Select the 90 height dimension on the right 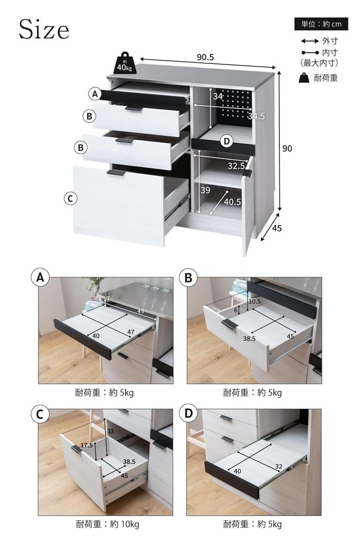coord(287,148)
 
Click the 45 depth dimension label coord(277,229)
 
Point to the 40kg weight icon coord(125,64)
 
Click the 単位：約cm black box coord(320,24)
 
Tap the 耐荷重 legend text coord(325,78)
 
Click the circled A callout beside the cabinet coord(94,94)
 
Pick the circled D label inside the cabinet coord(226,141)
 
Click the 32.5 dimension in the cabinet coord(236,166)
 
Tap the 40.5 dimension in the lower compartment coord(232,201)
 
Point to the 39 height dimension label coord(205,190)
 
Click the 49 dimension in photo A coord(140,311)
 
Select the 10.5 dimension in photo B coord(254,301)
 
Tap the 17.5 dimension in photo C coord(87,445)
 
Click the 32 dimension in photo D coord(278,466)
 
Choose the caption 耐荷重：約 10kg coord(107,524)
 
